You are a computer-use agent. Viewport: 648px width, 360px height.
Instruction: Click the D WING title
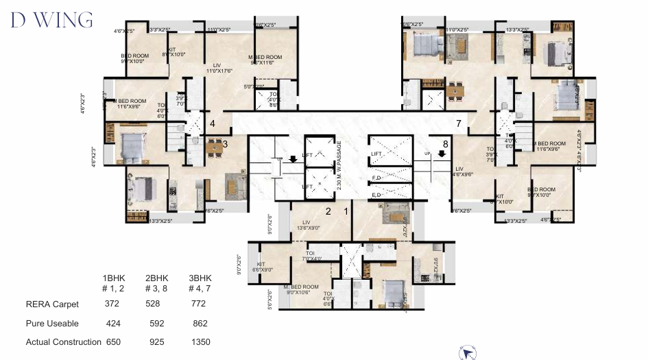51,20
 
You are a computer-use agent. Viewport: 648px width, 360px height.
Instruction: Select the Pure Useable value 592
156,323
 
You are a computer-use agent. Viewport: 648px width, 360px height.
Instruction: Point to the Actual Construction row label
63,341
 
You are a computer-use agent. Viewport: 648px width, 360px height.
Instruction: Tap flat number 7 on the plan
459,123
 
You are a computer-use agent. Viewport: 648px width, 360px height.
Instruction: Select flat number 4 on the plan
213,124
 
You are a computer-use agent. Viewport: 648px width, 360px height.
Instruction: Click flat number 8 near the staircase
445,144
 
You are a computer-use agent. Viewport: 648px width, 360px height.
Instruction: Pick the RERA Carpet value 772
199,304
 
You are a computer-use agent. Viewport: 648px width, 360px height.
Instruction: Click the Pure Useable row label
52,323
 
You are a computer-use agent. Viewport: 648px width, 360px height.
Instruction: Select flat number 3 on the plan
224,144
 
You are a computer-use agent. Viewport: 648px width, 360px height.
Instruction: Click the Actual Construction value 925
156,341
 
